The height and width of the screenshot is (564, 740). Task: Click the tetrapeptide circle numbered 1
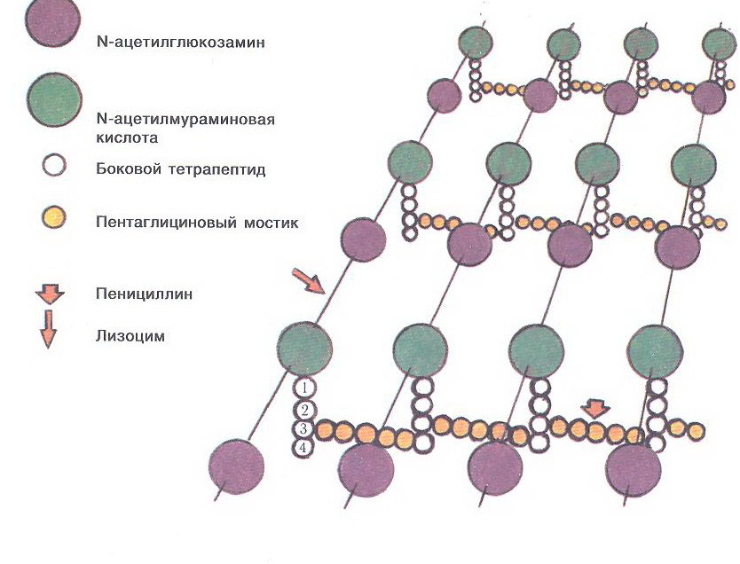click(304, 388)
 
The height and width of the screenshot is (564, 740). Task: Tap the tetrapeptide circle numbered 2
click(304, 410)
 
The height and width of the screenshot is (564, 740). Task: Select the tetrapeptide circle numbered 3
click(304, 429)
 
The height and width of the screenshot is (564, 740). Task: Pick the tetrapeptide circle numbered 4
click(303, 448)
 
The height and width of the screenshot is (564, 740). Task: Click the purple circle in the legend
click(52, 20)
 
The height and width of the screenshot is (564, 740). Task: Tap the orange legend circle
click(53, 218)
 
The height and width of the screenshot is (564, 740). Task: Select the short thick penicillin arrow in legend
click(50, 294)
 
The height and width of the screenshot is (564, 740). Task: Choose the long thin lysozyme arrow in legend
click(48, 329)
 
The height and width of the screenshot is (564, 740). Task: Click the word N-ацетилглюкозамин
click(181, 43)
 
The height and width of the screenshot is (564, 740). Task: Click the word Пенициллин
click(144, 294)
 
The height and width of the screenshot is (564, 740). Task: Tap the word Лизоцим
click(130, 336)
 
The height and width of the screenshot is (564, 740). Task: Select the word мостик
click(271, 222)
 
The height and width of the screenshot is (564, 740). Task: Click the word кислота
click(127, 137)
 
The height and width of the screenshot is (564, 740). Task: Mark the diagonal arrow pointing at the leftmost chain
click(308, 281)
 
